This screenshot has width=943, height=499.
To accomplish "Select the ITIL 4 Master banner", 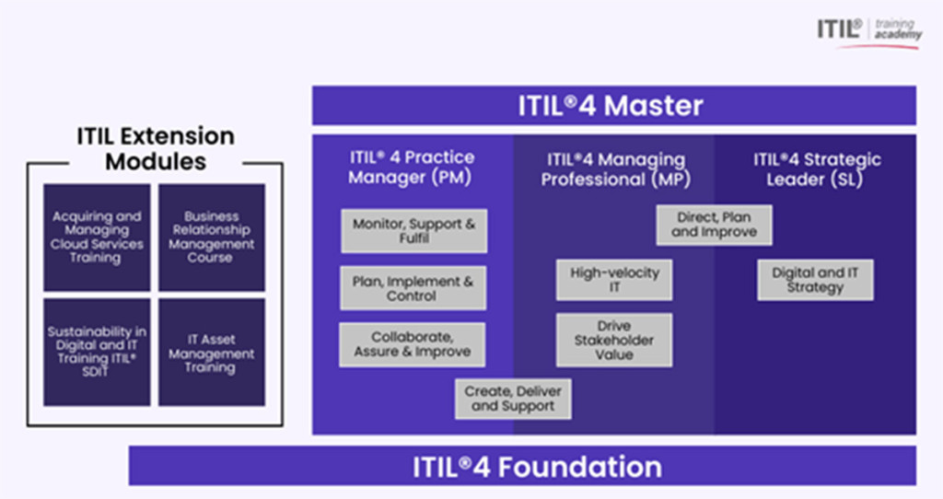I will (613, 106).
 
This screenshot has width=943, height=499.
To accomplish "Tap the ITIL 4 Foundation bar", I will (522, 466).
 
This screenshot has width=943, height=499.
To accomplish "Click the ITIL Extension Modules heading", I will (156, 149).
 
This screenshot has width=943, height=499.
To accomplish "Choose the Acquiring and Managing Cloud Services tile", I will (97, 238).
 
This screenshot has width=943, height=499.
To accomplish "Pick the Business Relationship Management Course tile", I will (212, 238).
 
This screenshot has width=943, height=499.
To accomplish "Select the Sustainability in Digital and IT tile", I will (97, 352).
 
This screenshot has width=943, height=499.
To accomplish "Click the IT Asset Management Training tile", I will (212, 352).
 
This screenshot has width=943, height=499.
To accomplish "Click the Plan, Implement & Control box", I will (413, 288).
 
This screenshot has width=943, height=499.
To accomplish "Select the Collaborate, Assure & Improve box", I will (413, 344).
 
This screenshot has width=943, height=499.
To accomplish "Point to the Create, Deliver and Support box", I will (513, 398).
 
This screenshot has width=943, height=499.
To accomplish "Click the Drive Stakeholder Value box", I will (614, 340).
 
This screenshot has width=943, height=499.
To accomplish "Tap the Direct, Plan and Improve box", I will (714, 225).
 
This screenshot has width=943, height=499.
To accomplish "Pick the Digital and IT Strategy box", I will (815, 279).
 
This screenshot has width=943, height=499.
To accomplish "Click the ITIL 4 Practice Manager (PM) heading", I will (412, 167).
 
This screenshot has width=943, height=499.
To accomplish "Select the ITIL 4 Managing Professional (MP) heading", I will (614, 169).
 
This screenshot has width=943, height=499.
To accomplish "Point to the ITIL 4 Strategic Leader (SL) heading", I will (816, 168).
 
